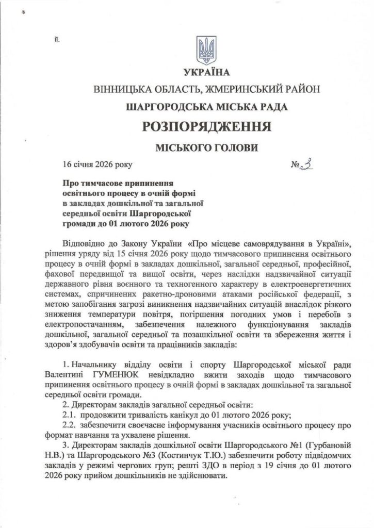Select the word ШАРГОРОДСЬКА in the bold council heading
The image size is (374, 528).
click(166, 107)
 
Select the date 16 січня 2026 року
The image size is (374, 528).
click(97, 166)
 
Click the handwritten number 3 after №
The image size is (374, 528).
click(308, 165)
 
